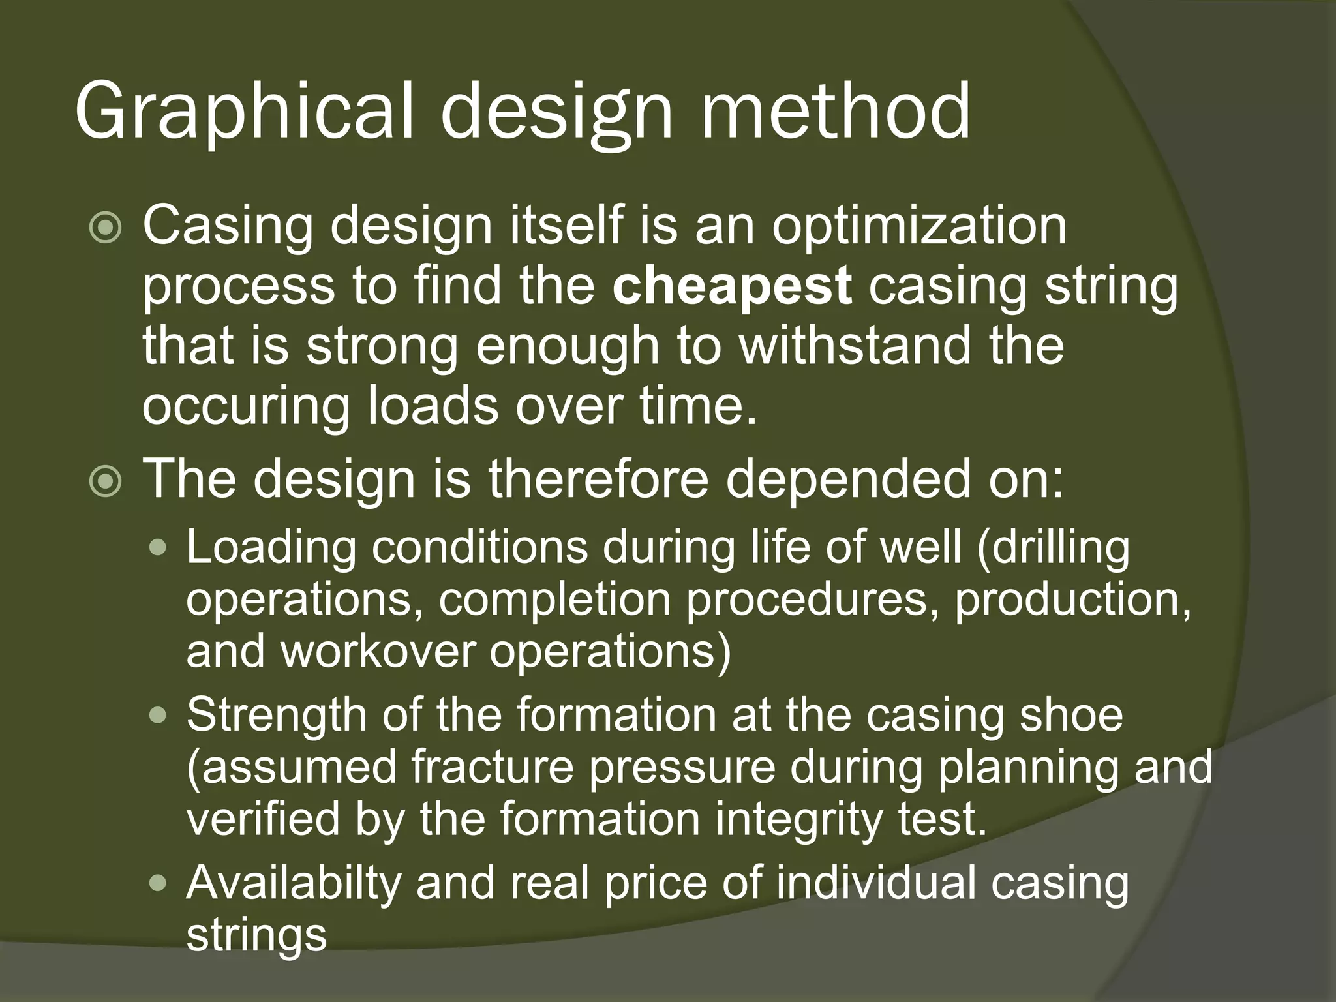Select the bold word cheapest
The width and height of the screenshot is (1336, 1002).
732,285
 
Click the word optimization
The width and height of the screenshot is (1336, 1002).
919,225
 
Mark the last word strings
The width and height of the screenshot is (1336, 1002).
256,935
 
